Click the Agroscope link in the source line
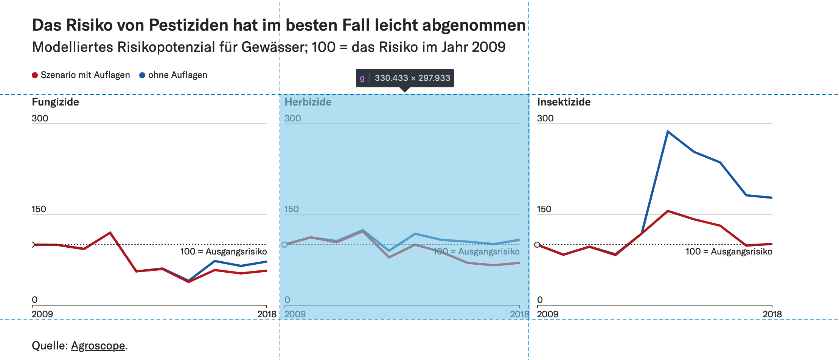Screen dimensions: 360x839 [x=98, y=346]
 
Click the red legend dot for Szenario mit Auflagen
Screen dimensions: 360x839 [x=35, y=75]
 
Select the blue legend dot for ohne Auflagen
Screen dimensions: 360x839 [x=142, y=75]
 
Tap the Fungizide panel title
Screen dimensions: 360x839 [x=55, y=102]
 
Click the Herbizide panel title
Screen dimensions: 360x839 [x=308, y=102]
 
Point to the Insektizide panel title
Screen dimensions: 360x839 [x=564, y=102]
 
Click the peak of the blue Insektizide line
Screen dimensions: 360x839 [x=668, y=132]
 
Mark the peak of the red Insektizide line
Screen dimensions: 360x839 [x=668, y=211]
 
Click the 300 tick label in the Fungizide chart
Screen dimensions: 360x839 [x=40, y=118]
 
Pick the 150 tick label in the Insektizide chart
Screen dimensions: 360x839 [x=544, y=209]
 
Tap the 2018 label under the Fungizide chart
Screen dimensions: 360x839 [x=267, y=314]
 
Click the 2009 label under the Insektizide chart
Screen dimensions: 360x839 [x=547, y=314]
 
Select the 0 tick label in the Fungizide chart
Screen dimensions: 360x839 [x=34, y=300]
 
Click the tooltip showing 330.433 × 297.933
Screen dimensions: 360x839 [x=405, y=78]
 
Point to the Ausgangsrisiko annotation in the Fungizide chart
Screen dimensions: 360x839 [x=224, y=251]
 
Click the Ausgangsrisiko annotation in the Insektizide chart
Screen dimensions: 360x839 [x=729, y=251]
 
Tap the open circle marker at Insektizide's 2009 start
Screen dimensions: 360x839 [x=537, y=245]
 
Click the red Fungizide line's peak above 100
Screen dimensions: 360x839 [x=110, y=233]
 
